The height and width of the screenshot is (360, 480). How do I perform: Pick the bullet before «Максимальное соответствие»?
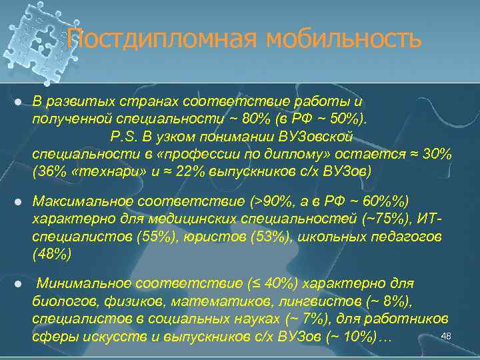[x=18, y=201]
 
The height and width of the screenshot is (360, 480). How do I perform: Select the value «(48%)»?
[x=51, y=253]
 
